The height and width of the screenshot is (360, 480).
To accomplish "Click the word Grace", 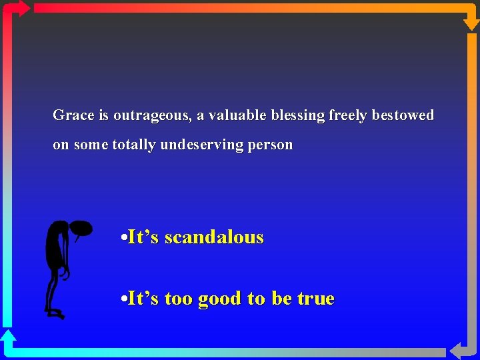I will click(73, 115).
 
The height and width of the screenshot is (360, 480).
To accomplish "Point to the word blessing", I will click(298, 116).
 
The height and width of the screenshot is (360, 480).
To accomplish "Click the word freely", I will click(347, 116).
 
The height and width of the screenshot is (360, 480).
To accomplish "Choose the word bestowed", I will click(403, 115).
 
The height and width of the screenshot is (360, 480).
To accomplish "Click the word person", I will click(270, 145).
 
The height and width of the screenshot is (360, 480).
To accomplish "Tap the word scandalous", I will click(214, 237).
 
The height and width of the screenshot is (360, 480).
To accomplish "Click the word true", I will click(315, 299).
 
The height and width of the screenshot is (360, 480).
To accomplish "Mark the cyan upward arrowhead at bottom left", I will click(8, 337).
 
